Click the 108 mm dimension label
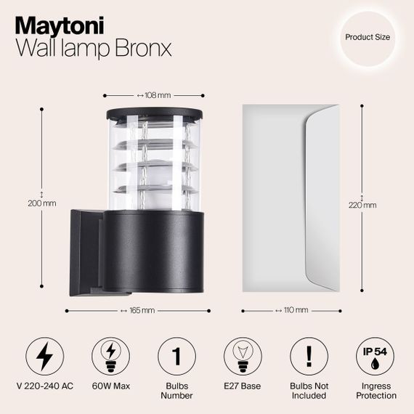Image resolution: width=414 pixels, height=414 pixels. pos(153,95)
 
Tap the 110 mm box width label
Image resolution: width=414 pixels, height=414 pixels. pos(292,310)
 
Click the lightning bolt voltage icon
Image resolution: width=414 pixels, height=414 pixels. pos(45,357)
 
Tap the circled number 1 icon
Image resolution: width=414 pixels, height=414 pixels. pos(176,357)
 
